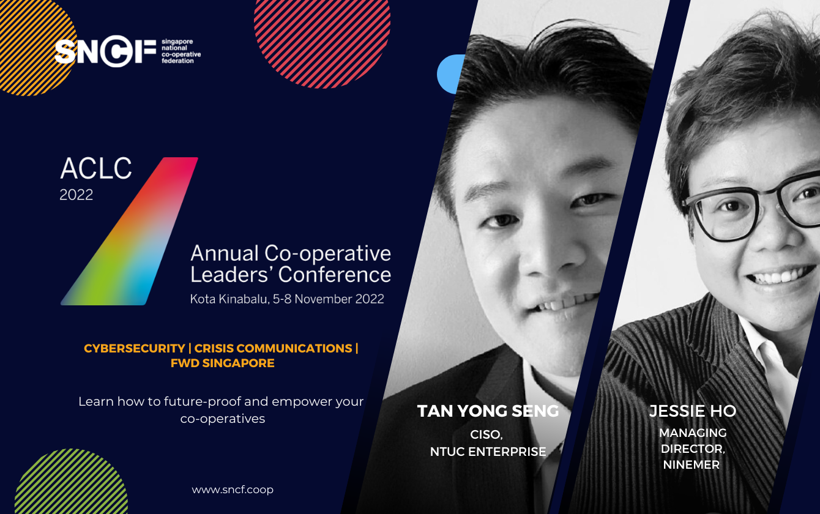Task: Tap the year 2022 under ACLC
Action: point(76,195)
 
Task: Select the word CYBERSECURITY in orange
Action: point(134,348)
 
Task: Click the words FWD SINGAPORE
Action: point(222,363)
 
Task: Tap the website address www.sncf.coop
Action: point(233,490)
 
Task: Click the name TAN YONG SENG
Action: point(488,411)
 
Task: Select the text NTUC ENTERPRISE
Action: point(488,452)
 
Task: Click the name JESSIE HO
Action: point(693,411)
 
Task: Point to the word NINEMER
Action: point(691,464)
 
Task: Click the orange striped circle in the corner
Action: point(31,37)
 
